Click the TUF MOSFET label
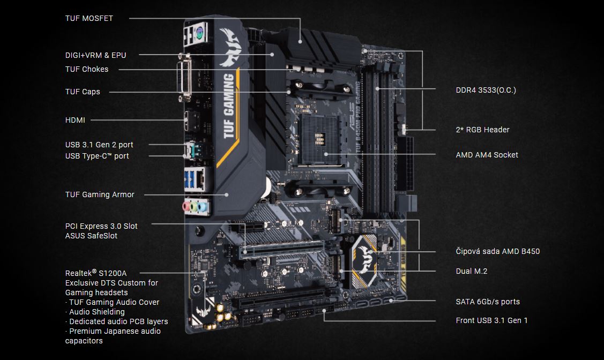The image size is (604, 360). click(89, 18)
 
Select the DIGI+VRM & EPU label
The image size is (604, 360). click(95, 55)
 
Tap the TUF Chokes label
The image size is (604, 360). click(87, 69)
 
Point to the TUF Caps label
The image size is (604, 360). click(83, 92)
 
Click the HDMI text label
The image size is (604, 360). click(75, 120)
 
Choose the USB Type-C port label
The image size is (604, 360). click(97, 156)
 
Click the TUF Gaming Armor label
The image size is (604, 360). click(100, 194)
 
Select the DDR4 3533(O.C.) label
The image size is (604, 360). click(486, 90)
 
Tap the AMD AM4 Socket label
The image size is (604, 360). click(487, 155)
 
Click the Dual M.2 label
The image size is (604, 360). click(472, 271)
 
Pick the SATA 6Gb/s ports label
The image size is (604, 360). click(488, 302)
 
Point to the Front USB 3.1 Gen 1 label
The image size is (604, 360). click(491, 320)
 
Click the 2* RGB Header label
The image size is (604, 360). click(482, 130)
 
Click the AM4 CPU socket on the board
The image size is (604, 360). click(318, 139)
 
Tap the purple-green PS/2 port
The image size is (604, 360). click(200, 34)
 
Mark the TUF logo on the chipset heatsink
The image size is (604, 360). click(364, 259)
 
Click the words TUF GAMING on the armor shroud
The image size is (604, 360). click(229, 106)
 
